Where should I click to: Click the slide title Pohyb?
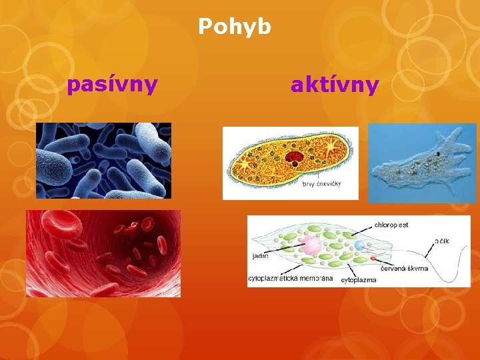pos(235,27)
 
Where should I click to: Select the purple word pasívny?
pos(112,85)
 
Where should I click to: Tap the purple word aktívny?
pos(335,85)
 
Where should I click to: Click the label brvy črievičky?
pos(321,184)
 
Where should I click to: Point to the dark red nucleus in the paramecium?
pos(294,157)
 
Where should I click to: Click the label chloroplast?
pos(391,225)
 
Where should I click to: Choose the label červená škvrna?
pos(404,268)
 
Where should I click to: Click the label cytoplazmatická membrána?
pos(290,279)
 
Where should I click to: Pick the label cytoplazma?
pos(359,280)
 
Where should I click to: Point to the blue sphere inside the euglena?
pos(361,245)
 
